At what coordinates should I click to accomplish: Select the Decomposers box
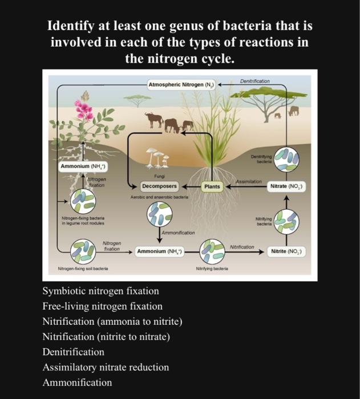160,186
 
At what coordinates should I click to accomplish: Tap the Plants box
212,186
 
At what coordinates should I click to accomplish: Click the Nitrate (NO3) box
288,186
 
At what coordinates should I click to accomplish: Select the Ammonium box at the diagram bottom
159,251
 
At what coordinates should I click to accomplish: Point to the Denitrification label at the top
255,82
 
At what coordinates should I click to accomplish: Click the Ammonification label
178,233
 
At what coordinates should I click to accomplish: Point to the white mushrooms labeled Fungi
156,157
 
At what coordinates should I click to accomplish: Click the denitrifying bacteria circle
287,158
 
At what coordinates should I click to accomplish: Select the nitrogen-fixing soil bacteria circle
83,251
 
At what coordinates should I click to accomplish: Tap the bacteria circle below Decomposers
159,215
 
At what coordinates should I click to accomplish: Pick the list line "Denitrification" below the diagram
74,352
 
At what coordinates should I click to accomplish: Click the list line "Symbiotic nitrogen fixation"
101,291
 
